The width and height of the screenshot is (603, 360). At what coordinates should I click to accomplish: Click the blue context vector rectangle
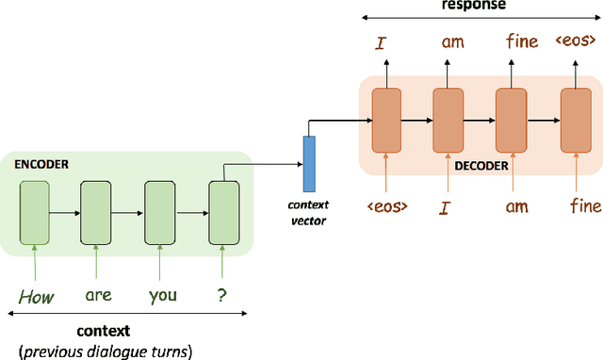[308, 163]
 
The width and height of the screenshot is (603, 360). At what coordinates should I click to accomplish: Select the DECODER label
[481, 166]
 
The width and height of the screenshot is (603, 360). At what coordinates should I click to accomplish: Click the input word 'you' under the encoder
[162, 295]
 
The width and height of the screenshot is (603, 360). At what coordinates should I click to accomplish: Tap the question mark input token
[222, 295]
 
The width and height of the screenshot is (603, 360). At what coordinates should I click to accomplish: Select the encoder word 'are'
[98, 295]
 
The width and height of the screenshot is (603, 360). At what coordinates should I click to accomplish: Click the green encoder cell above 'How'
[34, 212]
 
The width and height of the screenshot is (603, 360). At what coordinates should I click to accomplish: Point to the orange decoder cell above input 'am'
[511, 120]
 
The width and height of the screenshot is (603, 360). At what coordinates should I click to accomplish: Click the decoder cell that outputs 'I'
[386, 120]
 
